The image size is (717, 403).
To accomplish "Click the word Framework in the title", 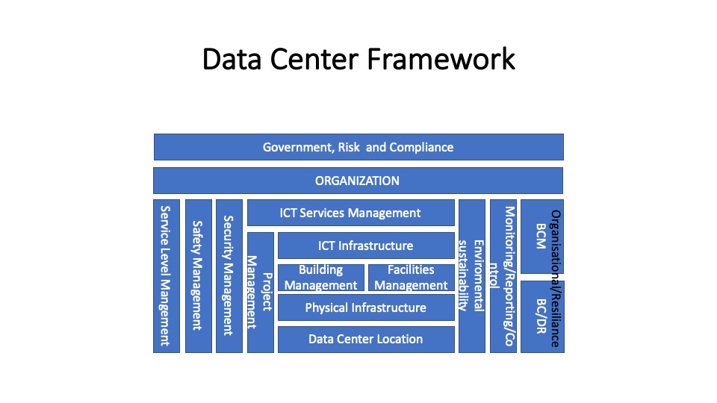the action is (x=441, y=60).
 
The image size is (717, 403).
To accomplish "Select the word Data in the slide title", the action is (x=232, y=60).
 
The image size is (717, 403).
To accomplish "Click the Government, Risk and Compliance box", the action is (x=358, y=147).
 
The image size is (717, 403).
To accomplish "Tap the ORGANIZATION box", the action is (x=358, y=181).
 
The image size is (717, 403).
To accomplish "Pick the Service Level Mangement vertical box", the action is (x=167, y=276).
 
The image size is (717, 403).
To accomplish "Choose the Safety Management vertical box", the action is (x=199, y=276).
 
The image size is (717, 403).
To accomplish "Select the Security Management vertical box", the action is (x=229, y=276).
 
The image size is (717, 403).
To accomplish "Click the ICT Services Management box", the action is (x=351, y=213).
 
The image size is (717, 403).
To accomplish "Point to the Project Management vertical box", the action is (x=261, y=293).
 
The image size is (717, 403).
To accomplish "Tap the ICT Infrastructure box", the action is (x=366, y=246).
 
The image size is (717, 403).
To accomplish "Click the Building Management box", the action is (x=321, y=278).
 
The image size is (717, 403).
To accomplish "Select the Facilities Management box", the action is (x=412, y=278).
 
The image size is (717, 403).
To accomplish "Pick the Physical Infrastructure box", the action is (x=366, y=307).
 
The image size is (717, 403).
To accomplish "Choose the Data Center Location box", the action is (x=366, y=339).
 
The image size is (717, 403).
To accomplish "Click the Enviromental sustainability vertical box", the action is (x=472, y=276).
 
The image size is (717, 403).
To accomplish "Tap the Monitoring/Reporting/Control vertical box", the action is (x=503, y=276).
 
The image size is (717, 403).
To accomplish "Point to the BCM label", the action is (x=541, y=236).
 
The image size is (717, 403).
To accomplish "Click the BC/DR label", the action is (x=541, y=316).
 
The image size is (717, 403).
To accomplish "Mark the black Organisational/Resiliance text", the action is (x=555, y=278).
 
